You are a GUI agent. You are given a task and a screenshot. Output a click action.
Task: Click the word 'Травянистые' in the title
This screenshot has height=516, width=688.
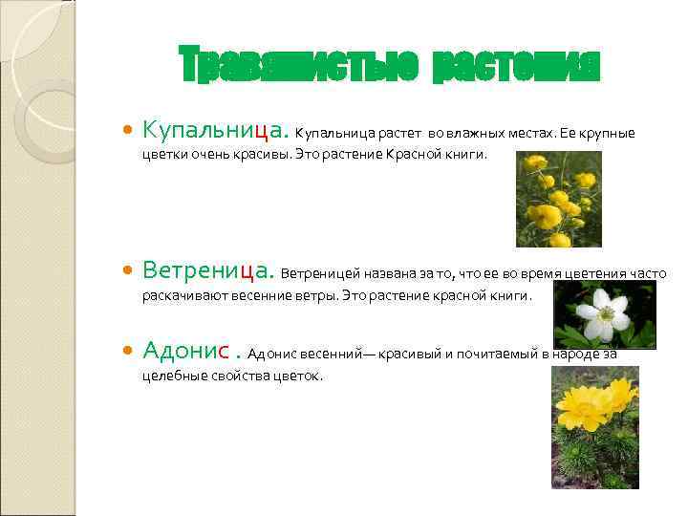[x=299, y=65]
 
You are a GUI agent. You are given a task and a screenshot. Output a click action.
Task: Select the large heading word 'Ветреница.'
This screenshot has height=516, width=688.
[x=208, y=270]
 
